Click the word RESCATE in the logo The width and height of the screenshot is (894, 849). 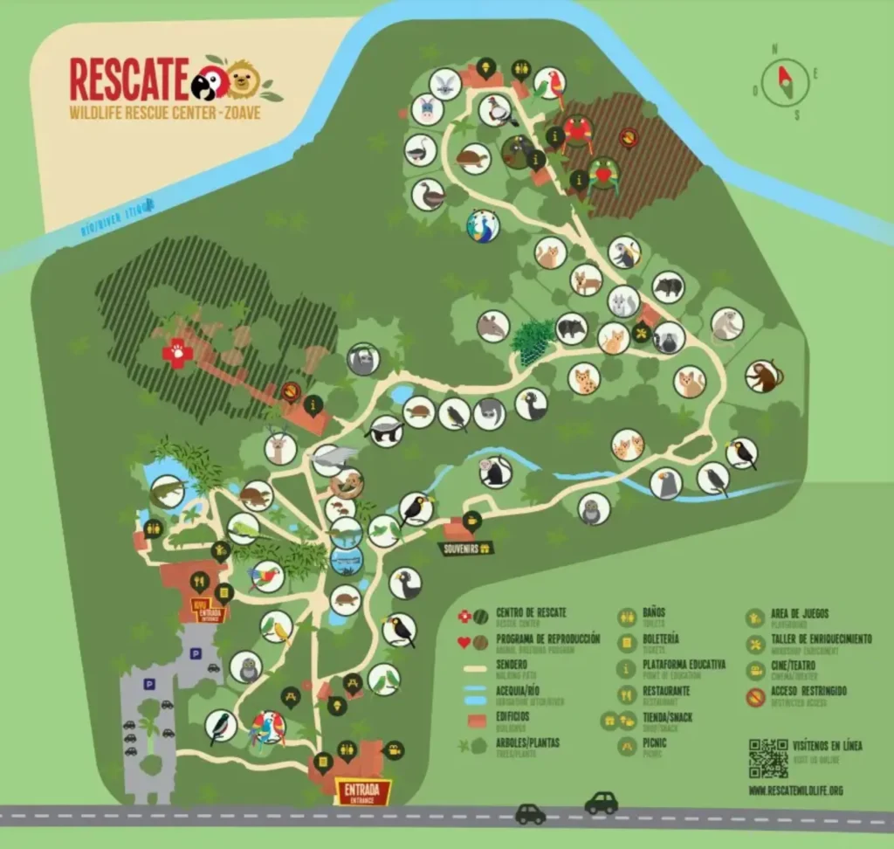(129, 79)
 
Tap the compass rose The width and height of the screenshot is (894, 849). (779, 82)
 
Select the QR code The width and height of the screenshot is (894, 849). (768, 757)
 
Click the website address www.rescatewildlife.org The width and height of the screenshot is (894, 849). (795, 791)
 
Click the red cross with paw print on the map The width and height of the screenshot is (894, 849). (177, 354)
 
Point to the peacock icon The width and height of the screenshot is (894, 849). (483, 225)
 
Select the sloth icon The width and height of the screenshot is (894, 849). (362, 359)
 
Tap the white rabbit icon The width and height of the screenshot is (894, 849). (445, 84)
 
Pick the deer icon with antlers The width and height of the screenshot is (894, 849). (280, 448)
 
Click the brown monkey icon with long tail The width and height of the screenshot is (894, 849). (762, 376)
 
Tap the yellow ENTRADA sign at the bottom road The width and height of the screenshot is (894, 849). (361, 790)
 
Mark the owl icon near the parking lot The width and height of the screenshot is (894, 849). (245, 667)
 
